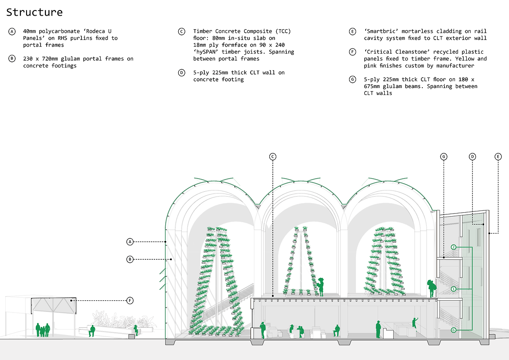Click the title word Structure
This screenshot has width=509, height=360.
tap(34, 12)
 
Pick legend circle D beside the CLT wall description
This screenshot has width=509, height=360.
tap(181, 73)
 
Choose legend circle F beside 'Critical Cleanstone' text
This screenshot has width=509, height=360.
tap(353, 52)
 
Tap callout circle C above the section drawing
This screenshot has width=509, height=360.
tap(273, 156)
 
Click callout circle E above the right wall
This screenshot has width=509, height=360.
tap(499, 156)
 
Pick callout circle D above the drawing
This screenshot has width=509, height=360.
tap(472, 156)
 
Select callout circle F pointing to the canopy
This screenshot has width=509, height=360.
tap(130, 300)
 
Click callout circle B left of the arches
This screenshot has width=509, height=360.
tap(130, 259)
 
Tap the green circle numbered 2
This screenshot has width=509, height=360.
tap(454, 247)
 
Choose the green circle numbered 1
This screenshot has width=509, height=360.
tap(454, 289)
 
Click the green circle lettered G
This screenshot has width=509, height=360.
tap(454, 330)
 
